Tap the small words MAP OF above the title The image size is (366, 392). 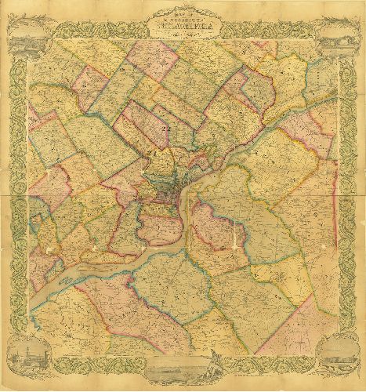(183, 12)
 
